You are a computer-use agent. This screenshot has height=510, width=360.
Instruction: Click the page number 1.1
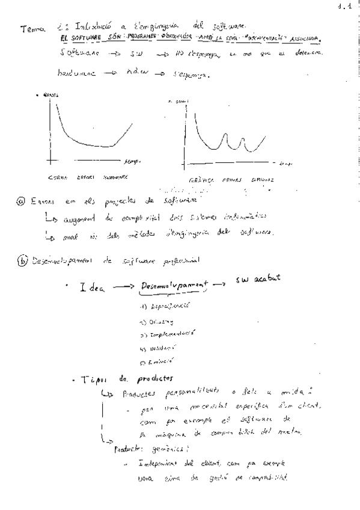[344, 7]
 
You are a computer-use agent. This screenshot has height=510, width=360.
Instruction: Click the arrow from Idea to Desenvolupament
[124, 287]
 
